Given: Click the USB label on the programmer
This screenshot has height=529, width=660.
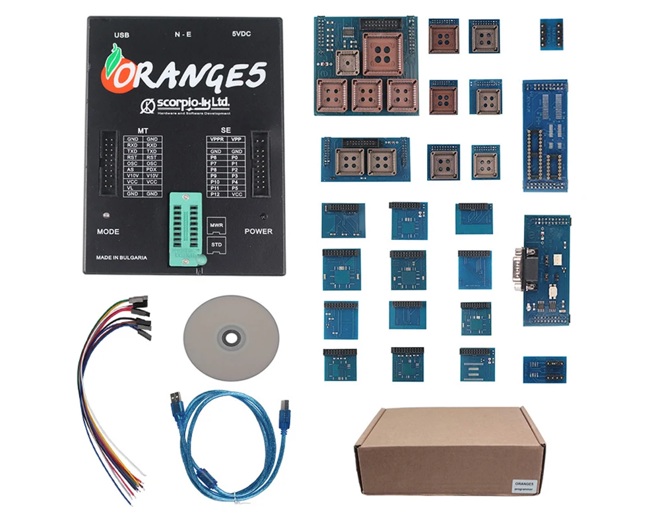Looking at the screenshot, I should click(121, 34).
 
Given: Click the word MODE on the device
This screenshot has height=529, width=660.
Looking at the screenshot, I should click(108, 232).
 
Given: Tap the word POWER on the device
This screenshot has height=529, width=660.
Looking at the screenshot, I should click(258, 232).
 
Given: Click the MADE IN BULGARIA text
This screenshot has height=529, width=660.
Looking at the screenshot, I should click(121, 257).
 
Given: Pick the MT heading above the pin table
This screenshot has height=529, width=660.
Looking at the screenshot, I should click(143, 130).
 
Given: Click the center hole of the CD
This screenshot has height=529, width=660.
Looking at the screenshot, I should click(231, 338).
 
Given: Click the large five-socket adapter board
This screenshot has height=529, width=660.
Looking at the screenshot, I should click(366, 66).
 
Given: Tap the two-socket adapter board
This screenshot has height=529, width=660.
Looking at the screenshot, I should click(365, 160).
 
